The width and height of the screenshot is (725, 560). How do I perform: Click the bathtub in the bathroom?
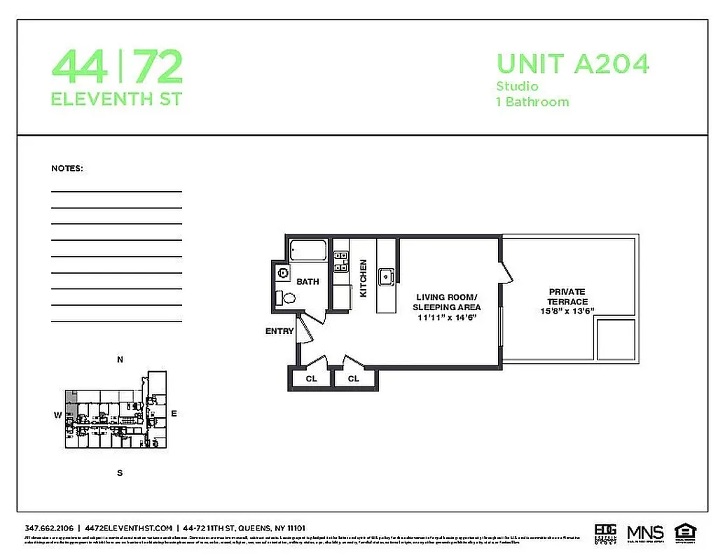point(308,251)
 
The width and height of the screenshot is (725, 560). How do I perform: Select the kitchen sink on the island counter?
point(386,276)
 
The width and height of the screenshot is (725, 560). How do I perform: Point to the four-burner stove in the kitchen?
point(341,262)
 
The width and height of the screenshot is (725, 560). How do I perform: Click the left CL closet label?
point(312,379)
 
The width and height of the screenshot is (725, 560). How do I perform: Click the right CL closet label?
point(354,379)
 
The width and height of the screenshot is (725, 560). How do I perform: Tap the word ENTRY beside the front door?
point(279,331)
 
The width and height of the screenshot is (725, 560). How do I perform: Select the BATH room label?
point(308,281)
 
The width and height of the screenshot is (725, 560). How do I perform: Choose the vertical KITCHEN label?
point(364,279)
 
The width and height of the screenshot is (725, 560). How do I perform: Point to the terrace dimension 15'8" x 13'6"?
point(567,311)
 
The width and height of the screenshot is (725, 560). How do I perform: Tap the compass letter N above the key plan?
point(120,360)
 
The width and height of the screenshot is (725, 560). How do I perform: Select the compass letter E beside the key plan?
point(174,414)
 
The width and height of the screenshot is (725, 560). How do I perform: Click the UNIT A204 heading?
point(572,64)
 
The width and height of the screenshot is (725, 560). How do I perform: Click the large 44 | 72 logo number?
point(117,67)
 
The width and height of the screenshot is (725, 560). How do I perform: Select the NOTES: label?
point(67,169)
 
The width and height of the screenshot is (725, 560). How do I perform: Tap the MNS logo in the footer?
point(645,531)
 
